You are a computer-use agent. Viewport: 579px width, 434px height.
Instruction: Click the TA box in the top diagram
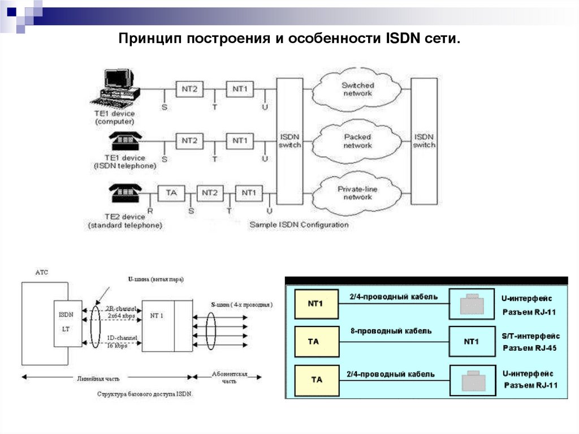(171, 194)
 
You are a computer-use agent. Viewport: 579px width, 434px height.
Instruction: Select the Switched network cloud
(358, 89)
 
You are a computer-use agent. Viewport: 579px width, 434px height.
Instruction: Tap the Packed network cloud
(358, 141)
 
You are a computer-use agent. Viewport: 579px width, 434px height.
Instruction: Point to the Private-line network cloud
(358, 193)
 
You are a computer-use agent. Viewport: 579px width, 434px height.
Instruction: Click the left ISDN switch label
(290, 140)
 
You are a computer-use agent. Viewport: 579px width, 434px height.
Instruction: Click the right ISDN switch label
(424, 140)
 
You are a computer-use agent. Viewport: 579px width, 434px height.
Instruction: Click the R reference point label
(150, 211)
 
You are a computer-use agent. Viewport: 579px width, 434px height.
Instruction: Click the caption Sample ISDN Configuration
(299, 225)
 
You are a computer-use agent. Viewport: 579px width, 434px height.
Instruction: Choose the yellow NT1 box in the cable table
(316, 304)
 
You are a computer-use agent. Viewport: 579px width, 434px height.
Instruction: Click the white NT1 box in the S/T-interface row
(471, 342)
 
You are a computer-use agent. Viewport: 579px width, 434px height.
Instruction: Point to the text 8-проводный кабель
(391, 331)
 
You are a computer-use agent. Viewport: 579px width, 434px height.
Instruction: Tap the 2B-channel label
(121, 309)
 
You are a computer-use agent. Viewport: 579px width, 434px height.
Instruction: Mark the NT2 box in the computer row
(189, 89)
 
